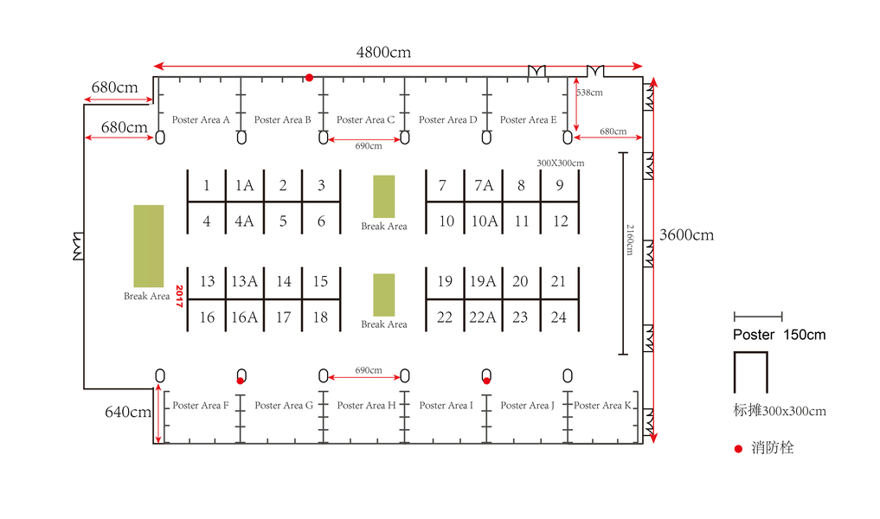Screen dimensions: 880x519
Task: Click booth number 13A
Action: coord(245,281)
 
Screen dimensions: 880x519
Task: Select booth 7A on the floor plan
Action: coord(483,185)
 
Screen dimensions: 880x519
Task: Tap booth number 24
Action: coord(559,317)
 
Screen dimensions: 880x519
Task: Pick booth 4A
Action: coord(245,221)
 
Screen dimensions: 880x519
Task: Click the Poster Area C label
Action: coord(365,120)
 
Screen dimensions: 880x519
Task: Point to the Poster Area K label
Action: coord(603,405)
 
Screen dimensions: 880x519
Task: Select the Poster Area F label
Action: coord(201,405)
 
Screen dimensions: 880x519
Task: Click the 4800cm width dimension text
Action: coord(383,52)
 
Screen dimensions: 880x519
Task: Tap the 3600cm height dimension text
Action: coord(686,234)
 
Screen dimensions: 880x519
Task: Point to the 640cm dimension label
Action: coord(128,413)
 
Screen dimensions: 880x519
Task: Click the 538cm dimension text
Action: coord(589,93)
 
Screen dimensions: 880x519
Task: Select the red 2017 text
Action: coord(180,296)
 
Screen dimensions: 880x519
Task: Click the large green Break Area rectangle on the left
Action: coord(148,246)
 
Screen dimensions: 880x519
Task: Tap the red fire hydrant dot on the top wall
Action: coord(309,78)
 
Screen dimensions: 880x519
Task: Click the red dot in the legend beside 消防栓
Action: coord(738,448)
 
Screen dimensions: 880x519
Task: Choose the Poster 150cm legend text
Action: coord(779,335)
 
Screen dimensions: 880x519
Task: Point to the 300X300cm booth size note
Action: coord(560,163)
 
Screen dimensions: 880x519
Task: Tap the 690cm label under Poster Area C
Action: coord(368,146)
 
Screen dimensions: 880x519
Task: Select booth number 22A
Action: coord(483,317)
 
